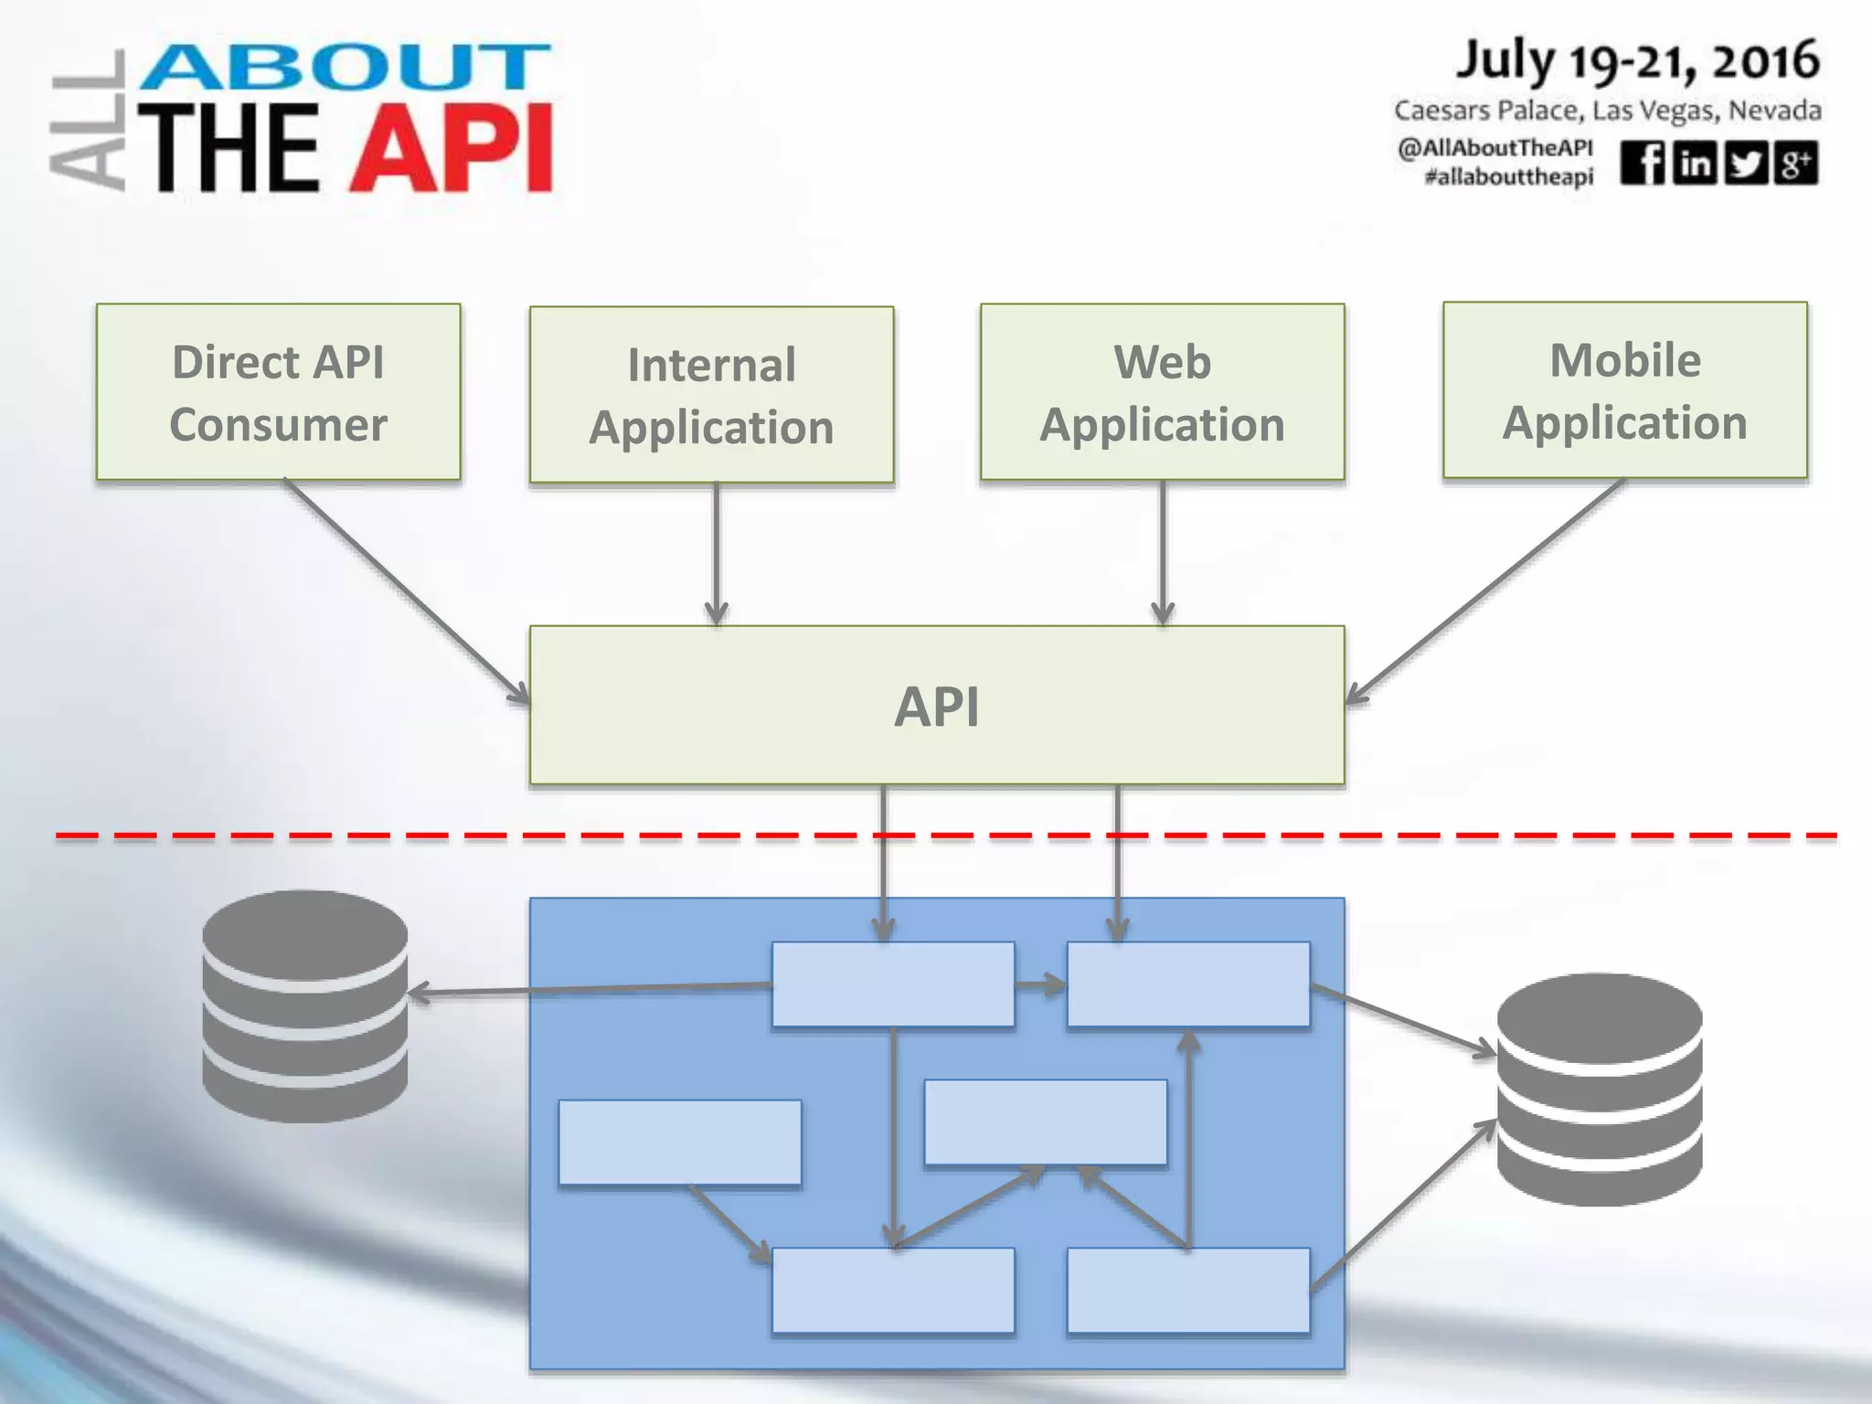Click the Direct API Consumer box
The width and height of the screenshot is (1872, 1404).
coord(278,392)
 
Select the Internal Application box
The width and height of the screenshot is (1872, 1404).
coord(711,395)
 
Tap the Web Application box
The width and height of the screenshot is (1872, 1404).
coord(1162,392)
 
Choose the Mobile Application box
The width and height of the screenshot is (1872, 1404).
coord(1624,390)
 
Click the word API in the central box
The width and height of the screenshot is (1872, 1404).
coord(936,707)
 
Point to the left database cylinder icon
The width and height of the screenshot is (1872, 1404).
coord(304,1005)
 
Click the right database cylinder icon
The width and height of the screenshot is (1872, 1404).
coord(1599,1089)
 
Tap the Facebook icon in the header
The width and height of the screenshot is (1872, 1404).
coord(1643,164)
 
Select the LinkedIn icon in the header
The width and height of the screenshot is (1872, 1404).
coord(1695,164)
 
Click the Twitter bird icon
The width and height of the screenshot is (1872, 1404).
coord(1746,164)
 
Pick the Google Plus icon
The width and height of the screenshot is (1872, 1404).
coord(1795,164)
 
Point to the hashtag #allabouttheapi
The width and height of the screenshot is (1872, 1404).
coord(1508,176)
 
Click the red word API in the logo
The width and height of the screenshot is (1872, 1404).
coord(452,148)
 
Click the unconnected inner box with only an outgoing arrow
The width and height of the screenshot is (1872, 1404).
coord(679,1142)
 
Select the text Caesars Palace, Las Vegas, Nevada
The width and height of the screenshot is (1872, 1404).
coord(1607,111)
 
